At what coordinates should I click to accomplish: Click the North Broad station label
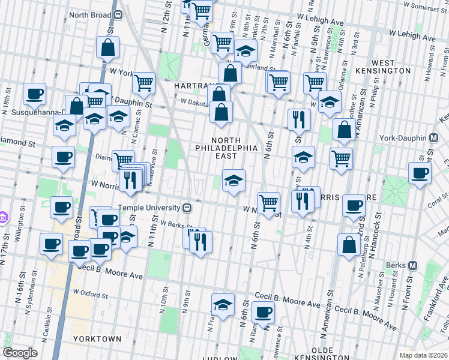point(91,15)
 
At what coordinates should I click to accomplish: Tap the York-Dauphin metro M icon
point(433,138)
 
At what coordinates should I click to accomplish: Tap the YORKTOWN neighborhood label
point(97,339)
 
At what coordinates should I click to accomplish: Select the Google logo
point(20,353)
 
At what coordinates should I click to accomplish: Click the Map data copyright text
point(423,355)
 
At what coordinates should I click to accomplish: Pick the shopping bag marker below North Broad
point(107,48)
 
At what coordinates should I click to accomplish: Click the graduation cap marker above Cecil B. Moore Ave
point(223,304)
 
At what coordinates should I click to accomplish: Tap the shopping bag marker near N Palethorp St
point(349,244)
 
